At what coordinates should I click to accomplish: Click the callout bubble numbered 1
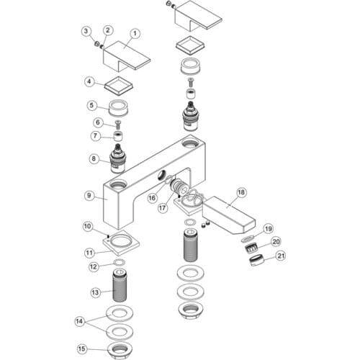point(135,34)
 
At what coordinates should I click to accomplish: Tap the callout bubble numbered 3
point(86,31)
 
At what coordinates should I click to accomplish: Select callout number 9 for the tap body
point(89,195)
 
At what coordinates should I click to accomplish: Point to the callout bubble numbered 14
point(79,321)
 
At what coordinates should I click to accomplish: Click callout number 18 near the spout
point(241,192)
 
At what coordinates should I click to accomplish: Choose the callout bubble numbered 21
point(281,256)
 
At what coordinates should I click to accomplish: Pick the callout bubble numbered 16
point(152,198)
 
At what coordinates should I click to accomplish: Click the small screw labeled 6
point(118,125)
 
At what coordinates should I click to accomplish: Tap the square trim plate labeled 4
point(119,86)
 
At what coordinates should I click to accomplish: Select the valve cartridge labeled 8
point(117,159)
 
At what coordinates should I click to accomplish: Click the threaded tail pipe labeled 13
point(120,285)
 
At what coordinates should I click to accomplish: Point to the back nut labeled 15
point(120,349)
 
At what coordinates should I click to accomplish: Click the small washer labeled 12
point(120,263)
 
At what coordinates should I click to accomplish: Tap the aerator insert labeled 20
point(251,247)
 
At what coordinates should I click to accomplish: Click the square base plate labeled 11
point(122,243)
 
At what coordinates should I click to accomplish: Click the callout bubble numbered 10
point(88,226)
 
